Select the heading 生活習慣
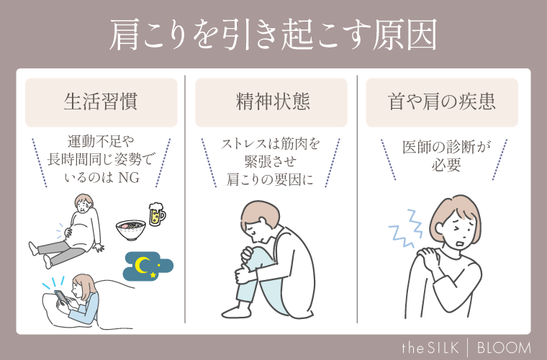click(x=101, y=102)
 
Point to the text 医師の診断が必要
click(x=441, y=156)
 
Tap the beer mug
click(x=156, y=214)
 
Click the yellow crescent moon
click(x=143, y=266)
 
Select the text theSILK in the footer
click(x=438, y=347)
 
